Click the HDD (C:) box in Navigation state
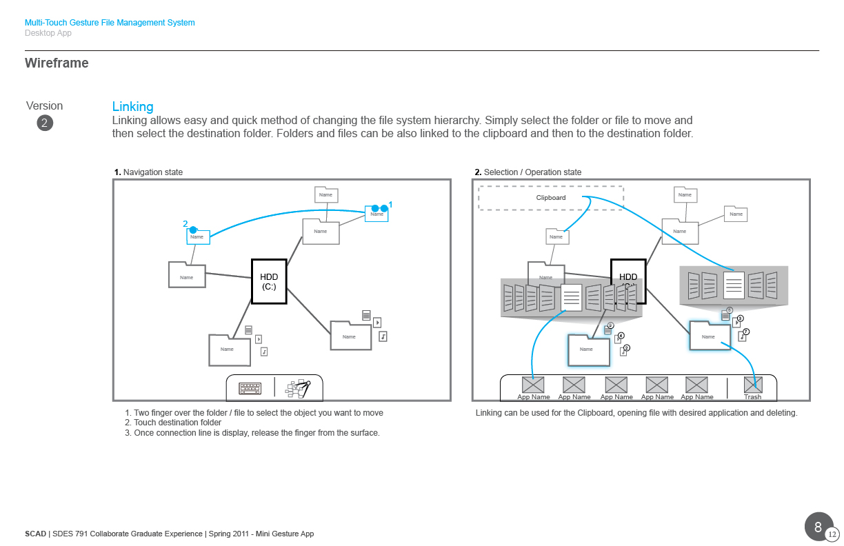[x=269, y=281]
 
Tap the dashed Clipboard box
[x=551, y=198]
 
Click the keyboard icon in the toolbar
[x=250, y=389]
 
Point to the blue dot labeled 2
[x=194, y=230]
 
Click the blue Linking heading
[x=132, y=107]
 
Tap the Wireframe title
[x=57, y=63]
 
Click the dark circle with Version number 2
[x=45, y=123]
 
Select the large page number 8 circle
[x=818, y=527]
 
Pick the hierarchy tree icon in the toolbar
[x=299, y=389]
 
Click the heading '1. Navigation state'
[x=148, y=172]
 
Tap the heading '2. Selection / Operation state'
[x=527, y=172]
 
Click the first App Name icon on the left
[x=533, y=385]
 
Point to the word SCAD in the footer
[x=35, y=534]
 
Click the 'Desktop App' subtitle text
[x=48, y=33]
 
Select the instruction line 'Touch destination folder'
[x=177, y=423]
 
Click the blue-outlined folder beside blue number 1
[x=376, y=214]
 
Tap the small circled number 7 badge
[x=746, y=332]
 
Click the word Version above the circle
[x=44, y=106]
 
